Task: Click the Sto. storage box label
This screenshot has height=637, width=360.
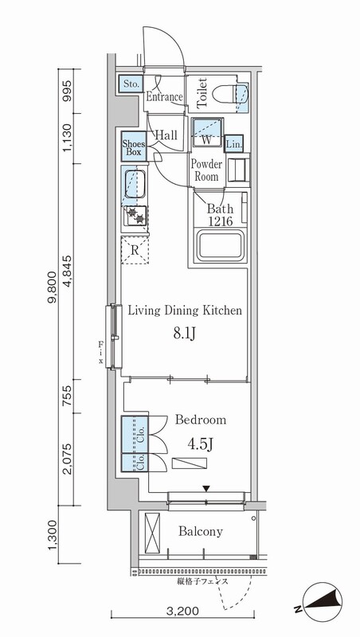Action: [131, 84]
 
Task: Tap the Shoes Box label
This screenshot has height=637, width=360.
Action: [132, 147]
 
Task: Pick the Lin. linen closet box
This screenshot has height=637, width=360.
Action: [233, 144]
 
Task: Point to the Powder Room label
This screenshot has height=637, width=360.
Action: [206, 170]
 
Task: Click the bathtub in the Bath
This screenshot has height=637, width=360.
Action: [221, 245]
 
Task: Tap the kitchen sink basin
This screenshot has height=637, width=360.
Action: [135, 184]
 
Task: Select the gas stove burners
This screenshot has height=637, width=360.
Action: [135, 216]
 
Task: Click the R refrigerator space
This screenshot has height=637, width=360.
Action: [135, 250]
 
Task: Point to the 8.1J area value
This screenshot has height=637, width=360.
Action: [185, 334]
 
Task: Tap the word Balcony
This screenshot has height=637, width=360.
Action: [201, 531]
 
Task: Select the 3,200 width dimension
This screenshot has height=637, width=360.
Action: [184, 611]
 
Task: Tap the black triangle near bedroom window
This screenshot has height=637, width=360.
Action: [207, 489]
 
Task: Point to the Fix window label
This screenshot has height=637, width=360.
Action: [100, 352]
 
